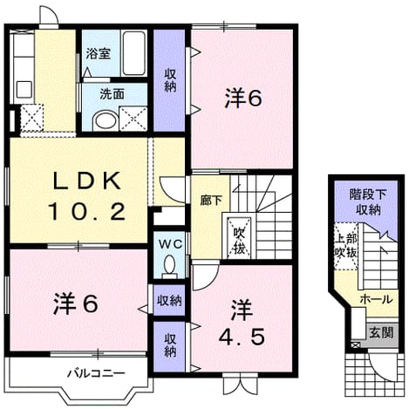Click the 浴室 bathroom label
[x=99, y=54]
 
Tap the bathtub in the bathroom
[x=133, y=53]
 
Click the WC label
[x=170, y=244]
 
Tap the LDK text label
[x=86, y=181]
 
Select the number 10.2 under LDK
[x=87, y=211]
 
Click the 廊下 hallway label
[x=211, y=201]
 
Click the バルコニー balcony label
[x=96, y=372]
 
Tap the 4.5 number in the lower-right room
[x=242, y=337]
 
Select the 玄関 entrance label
[x=381, y=332]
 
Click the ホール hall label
[x=377, y=299]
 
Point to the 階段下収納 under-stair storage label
[x=368, y=202]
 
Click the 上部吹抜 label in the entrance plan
[x=345, y=246]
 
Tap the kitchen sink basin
[x=24, y=90]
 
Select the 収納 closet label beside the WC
[x=169, y=300]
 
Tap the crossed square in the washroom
[x=133, y=119]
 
